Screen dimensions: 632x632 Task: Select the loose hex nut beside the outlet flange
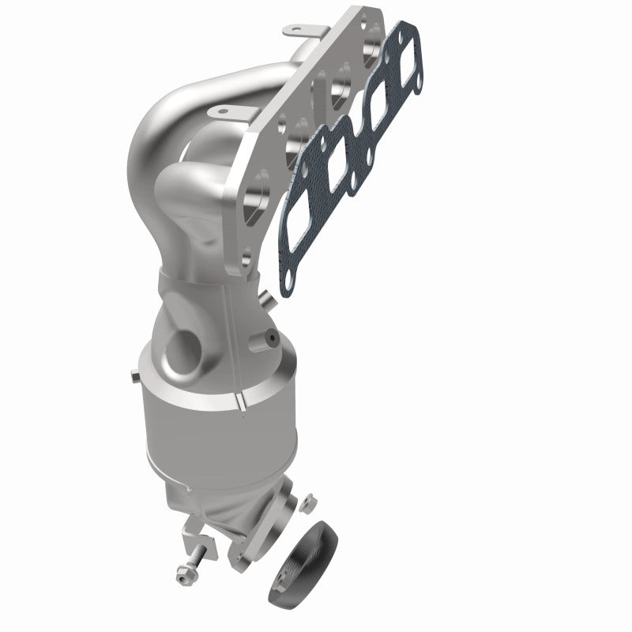pyautogui.click(x=310, y=502)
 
